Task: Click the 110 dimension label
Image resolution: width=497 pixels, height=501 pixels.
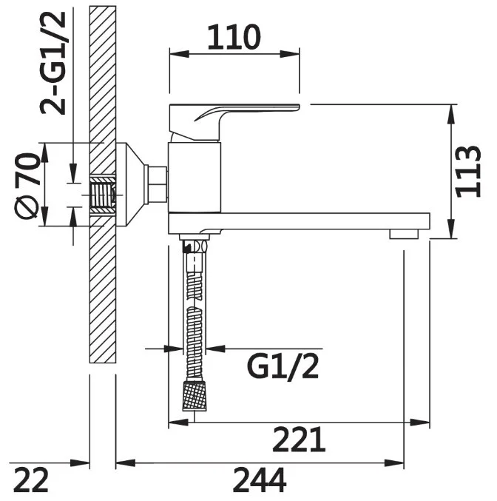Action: [234, 38]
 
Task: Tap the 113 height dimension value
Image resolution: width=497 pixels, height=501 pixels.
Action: [468, 172]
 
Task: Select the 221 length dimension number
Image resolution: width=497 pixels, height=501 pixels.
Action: [299, 440]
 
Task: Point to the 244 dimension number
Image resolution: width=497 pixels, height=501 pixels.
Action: [260, 480]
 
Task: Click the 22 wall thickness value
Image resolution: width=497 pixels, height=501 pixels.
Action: [31, 480]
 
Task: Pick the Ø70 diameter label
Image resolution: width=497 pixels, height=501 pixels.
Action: [27, 186]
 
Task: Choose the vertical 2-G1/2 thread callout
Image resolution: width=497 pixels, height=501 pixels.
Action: [53, 63]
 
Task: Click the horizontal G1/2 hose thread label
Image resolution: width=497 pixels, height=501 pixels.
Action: [283, 368]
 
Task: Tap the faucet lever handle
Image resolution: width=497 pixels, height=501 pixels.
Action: [234, 122]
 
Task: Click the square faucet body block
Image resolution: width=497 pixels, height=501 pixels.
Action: [195, 178]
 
